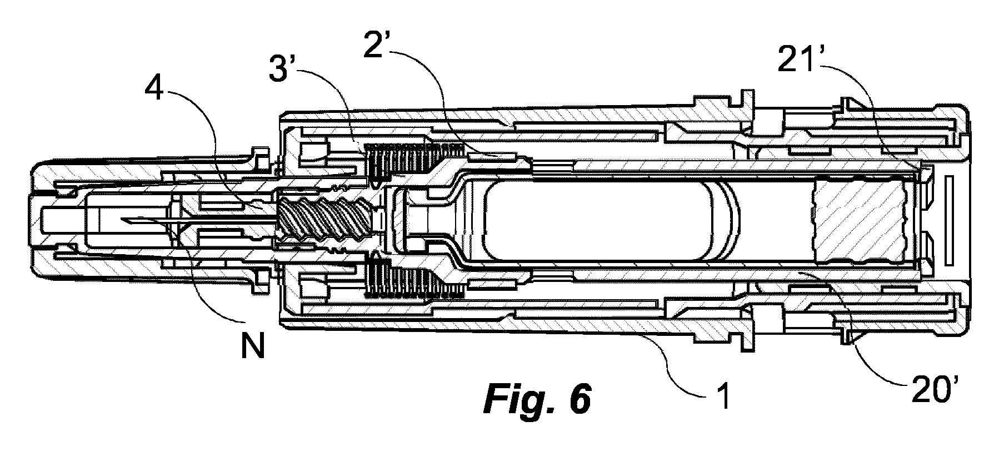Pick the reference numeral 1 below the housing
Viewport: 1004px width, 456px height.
tap(723, 398)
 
